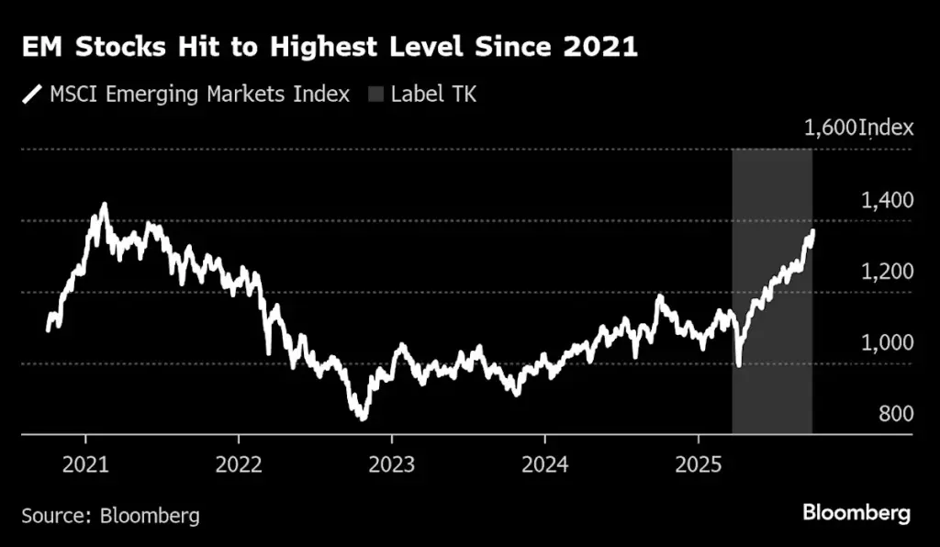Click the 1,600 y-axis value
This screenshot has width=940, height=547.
[x=831, y=128]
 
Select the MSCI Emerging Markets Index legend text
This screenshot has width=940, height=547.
[x=200, y=94]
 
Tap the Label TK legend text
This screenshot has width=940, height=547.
[x=434, y=94]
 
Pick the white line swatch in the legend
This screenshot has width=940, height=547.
[x=32, y=94]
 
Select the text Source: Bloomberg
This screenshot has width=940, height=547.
[x=110, y=515]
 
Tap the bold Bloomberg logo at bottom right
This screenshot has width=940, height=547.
[x=856, y=513]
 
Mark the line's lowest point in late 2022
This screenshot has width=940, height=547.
[x=363, y=419]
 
